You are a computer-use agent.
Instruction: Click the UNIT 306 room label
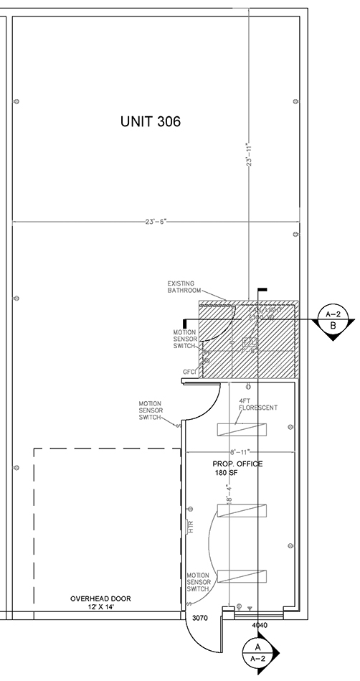tap(150, 122)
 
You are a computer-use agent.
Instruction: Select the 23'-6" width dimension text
tap(155, 222)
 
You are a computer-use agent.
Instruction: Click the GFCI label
tap(189, 372)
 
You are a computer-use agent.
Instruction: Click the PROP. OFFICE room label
tap(237, 464)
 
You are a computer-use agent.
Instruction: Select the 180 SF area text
tap(225, 474)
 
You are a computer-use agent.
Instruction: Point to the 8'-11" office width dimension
tap(239, 453)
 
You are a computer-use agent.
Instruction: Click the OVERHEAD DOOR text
tap(100, 598)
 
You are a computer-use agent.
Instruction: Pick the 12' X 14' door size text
tap(100, 607)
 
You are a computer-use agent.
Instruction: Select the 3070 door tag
tap(199, 617)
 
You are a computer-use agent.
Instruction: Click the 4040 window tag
tap(259, 625)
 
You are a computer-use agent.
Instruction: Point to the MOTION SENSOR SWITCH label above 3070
tap(198, 582)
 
